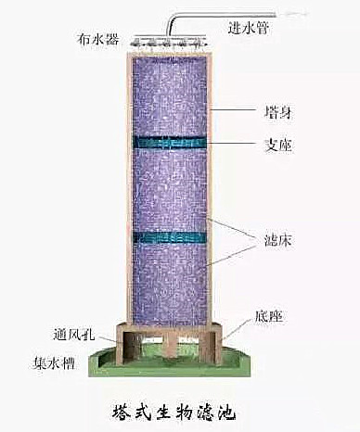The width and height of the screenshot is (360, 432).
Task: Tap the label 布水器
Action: tap(99, 40)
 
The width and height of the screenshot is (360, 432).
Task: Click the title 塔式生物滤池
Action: tap(179, 408)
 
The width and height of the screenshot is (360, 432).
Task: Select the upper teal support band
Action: tap(168, 143)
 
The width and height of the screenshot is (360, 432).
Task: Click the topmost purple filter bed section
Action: tap(168, 93)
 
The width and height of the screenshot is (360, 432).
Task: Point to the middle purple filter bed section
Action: tap(168, 190)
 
